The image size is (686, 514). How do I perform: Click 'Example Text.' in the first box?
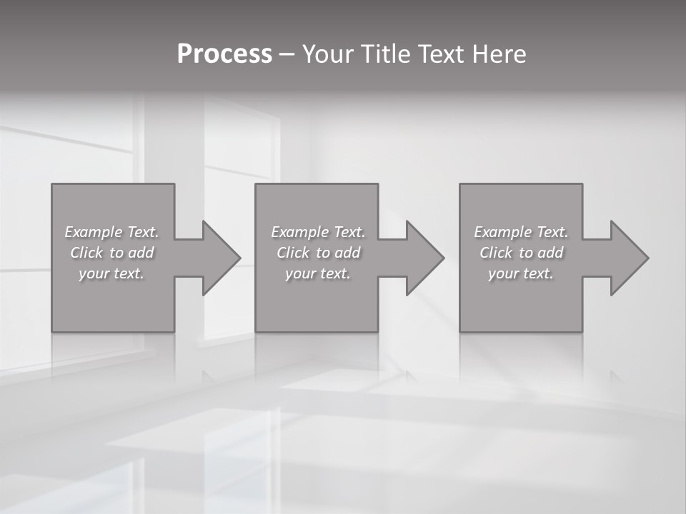(x=111, y=232)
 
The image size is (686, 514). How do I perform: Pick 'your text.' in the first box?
(x=111, y=273)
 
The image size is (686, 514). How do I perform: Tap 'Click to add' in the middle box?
(x=318, y=253)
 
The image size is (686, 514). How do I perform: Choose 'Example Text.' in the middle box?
(x=318, y=232)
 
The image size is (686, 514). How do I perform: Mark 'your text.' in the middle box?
(x=318, y=273)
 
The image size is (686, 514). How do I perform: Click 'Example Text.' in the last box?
(x=521, y=232)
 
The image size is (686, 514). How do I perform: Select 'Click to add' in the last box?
(x=521, y=253)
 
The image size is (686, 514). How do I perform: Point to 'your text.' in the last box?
(x=521, y=273)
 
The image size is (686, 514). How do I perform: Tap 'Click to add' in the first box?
(x=111, y=253)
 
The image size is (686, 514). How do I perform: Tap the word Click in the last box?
(x=496, y=253)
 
